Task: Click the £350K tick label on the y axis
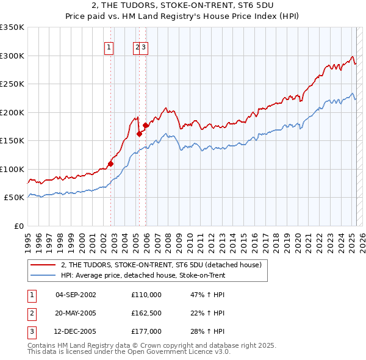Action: [x=12, y=27]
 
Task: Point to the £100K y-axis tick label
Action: [x=12, y=169]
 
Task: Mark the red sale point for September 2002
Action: [x=110, y=164]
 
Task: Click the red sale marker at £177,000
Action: [x=145, y=126]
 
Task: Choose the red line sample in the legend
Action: [x=43, y=265]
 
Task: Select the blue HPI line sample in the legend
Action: [x=43, y=275]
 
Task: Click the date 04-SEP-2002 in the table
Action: [x=76, y=295]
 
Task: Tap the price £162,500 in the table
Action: [x=146, y=313]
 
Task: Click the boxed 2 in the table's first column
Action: [x=31, y=313]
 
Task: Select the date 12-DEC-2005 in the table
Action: [x=76, y=331]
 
